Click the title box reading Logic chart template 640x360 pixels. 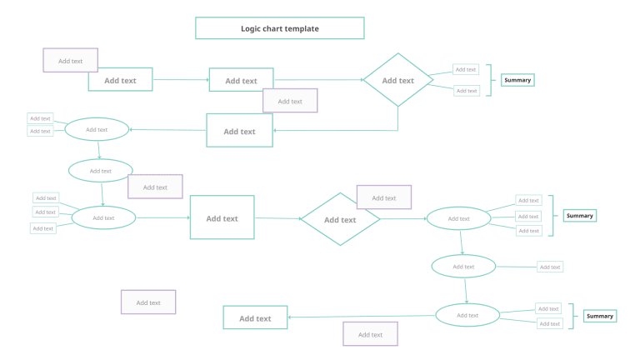pyautogui.click(x=279, y=28)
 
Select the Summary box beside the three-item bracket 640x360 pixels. pyautogui.click(x=579, y=216)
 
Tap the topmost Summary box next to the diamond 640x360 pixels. pyautogui.click(x=517, y=80)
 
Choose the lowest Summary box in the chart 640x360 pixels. pyautogui.click(x=599, y=316)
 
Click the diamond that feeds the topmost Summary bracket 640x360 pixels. pyautogui.click(x=397, y=81)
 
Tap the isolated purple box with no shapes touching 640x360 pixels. pyautogui.click(x=148, y=302)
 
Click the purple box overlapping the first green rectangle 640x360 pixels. pyautogui.click(x=70, y=60)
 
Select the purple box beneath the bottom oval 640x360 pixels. pyautogui.click(x=370, y=334)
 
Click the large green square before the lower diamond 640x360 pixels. pyautogui.click(x=222, y=217)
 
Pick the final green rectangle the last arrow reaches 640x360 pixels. pyautogui.click(x=255, y=317)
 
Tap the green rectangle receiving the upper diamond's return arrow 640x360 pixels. pyautogui.click(x=239, y=131)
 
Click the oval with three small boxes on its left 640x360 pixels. pyautogui.click(x=103, y=217)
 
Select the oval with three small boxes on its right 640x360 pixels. pyautogui.click(x=458, y=218)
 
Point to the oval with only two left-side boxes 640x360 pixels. pyautogui.click(x=97, y=129)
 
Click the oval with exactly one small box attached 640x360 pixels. pyautogui.click(x=463, y=267)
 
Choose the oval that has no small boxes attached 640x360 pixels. pyautogui.click(x=100, y=171)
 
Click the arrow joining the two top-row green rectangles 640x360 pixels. pyautogui.click(x=181, y=80)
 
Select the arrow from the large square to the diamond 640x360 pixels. pyautogui.click(x=277, y=218)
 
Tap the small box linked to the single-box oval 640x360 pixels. pyautogui.click(x=549, y=267)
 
